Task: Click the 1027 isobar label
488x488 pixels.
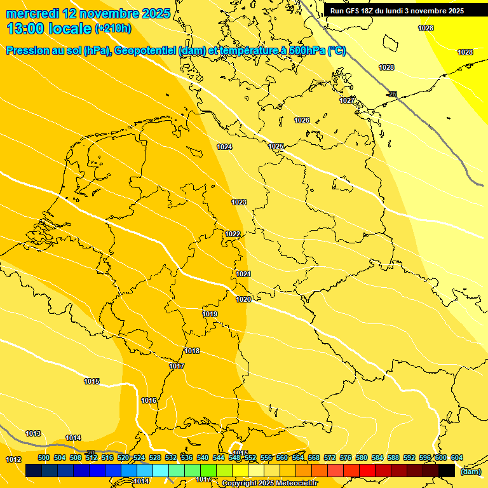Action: coord(347,101)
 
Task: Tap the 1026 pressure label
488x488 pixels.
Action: coord(302,121)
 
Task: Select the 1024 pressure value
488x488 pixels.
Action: coord(224,147)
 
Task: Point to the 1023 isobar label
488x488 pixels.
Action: coord(239,203)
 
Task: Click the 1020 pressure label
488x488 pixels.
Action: coord(243,300)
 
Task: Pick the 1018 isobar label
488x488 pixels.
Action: coord(192,351)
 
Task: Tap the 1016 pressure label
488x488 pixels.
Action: coord(149,401)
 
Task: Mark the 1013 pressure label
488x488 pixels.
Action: coord(33,434)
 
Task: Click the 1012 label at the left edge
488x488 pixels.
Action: coord(13,459)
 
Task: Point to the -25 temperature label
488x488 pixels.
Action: coord(392,95)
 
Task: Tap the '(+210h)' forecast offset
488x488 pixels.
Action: coord(113,29)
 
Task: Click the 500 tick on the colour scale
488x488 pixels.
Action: coord(44,457)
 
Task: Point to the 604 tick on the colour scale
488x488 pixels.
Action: coord(456,457)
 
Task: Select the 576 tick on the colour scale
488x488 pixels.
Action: coord(346,457)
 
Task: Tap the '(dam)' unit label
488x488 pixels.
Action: coord(470,471)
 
